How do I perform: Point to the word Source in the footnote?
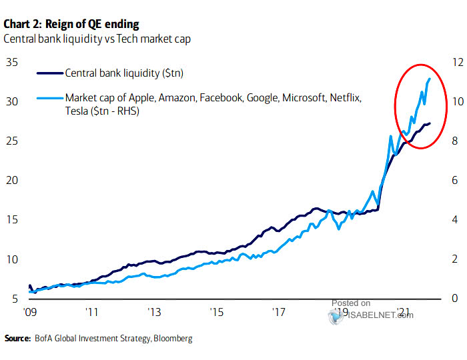pyautogui.click(x=17, y=339)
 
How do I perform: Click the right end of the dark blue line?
pyautogui.click(x=430, y=123)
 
